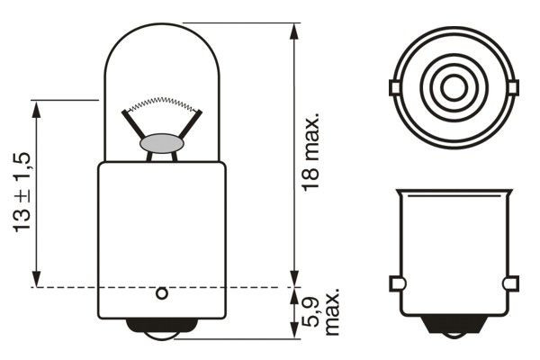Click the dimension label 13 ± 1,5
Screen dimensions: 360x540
click(22, 193)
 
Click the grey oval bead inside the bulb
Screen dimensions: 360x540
click(161, 143)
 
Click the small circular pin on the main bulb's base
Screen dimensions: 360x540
click(162, 293)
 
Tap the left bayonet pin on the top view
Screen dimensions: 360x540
click(393, 87)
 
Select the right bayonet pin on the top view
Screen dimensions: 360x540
click(514, 87)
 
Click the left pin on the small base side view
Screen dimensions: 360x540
click(396, 284)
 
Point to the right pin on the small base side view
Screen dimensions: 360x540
click(511, 284)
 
